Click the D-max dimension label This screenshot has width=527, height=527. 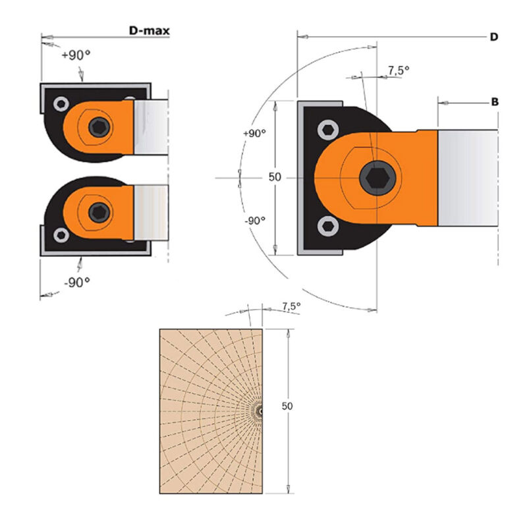point(149,30)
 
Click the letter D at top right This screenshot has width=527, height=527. point(493,37)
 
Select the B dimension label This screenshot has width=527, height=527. point(494,102)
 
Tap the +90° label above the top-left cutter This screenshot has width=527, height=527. point(76,56)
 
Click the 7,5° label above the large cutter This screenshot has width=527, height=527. point(399,70)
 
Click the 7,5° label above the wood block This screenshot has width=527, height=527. point(291,306)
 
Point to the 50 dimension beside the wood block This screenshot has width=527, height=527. point(287,406)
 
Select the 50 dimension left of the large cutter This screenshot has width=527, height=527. point(275,177)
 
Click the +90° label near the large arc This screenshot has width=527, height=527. point(254,133)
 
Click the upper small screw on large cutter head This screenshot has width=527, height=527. point(327,131)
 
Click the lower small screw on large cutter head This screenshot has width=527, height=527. point(327,227)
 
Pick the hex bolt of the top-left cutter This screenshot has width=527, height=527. point(99,126)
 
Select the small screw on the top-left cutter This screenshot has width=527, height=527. point(61,104)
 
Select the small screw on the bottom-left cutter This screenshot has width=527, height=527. point(61,235)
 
